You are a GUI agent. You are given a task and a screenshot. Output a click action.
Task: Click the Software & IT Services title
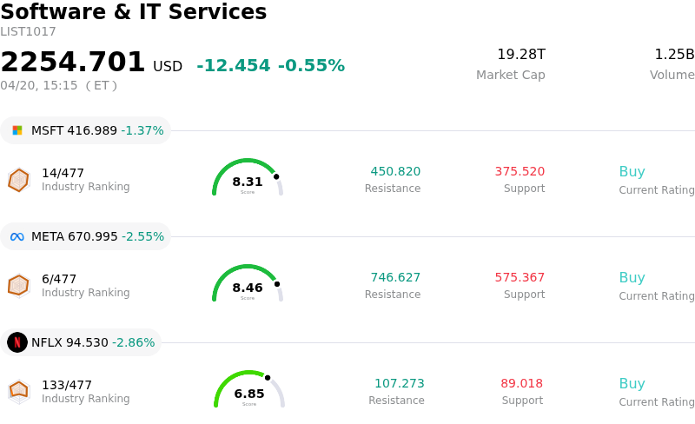[x=134, y=13]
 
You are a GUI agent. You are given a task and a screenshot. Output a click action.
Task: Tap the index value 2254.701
[x=73, y=63]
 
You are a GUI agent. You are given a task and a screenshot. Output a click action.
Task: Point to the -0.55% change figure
[x=311, y=66]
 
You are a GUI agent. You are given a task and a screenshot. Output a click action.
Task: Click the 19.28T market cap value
[x=521, y=55]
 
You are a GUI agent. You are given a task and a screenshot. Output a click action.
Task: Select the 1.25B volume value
[x=674, y=55]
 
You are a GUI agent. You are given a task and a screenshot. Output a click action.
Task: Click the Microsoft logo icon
[x=17, y=130]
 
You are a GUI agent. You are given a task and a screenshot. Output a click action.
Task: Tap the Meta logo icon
[x=17, y=236]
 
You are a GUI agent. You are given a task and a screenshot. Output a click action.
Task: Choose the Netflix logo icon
[x=17, y=342]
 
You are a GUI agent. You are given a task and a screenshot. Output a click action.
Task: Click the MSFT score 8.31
[x=248, y=182]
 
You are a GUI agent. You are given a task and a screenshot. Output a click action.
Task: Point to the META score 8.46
[x=248, y=288]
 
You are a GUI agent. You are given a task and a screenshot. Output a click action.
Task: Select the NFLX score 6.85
[x=249, y=394]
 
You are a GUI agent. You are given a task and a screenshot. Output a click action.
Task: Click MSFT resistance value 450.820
[x=395, y=172]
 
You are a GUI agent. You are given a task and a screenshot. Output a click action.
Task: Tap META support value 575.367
[x=520, y=278]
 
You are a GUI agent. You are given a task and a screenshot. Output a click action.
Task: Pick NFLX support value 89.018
[x=521, y=384]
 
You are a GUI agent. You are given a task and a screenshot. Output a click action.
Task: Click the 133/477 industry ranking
[x=67, y=385]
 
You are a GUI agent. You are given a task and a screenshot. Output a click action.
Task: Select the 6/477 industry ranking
[x=59, y=279]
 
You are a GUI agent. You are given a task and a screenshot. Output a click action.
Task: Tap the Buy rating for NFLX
[x=632, y=384]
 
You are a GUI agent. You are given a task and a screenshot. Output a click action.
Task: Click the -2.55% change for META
[x=142, y=236]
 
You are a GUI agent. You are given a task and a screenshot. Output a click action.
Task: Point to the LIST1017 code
[x=28, y=32]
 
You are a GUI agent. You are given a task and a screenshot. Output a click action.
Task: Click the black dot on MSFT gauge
[x=276, y=176]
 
